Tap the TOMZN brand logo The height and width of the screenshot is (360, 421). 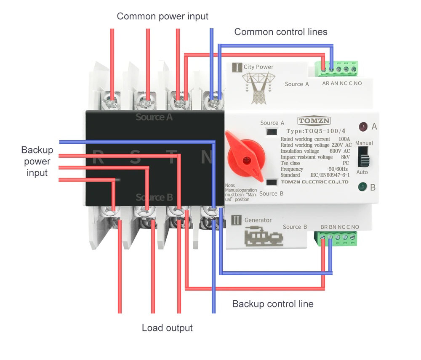click(x=314, y=121)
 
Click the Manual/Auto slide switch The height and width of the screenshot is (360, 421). click(x=363, y=160)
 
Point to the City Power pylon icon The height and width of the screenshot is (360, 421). click(x=258, y=87)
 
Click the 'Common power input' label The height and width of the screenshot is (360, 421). click(x=163, y=16)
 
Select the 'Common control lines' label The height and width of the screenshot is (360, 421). click(x=280, y=32)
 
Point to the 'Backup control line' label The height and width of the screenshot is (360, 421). click(x=273, y=304)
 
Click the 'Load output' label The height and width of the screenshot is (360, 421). click(x=167, y=328)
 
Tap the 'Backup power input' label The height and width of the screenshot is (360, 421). click(x=37, y=161)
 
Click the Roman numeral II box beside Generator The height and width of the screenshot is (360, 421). click(x=237, y=220)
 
